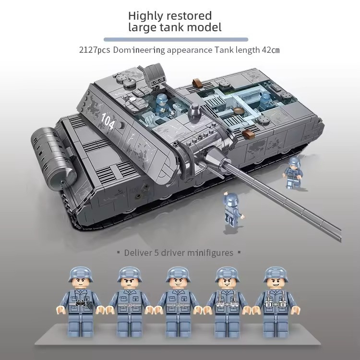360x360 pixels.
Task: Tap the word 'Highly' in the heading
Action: tap(148, 16)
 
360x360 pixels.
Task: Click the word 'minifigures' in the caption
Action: tap(210, 252)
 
